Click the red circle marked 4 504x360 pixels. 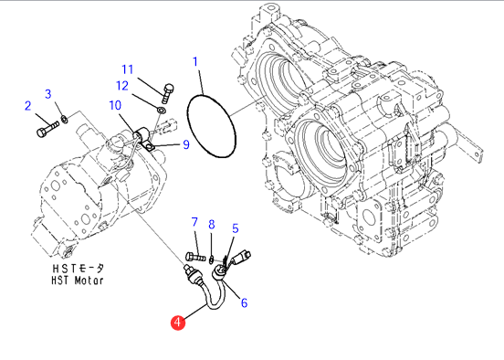(178, 323)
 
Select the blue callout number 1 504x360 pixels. (195, 61)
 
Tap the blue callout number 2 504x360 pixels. (28, 106)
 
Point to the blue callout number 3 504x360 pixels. (47, 94)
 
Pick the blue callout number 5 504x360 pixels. (236, 228)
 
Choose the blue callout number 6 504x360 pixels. (245, 302)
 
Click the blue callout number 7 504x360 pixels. (194, 222)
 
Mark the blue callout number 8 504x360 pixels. (212, 225)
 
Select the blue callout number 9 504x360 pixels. (186, 144)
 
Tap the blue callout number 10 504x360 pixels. (115, 105)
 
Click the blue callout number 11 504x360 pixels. (127, 69)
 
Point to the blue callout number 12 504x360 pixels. (122, 86)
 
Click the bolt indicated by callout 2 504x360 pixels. (47, 129)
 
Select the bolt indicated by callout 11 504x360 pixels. (167, 93)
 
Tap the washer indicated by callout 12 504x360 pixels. (162, 111)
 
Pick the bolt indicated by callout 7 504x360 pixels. (195, 257)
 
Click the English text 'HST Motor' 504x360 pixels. (78, 281)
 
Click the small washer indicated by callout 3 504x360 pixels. (64, 120)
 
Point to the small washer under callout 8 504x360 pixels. (212, 259)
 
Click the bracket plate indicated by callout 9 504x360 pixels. (147, 145)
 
